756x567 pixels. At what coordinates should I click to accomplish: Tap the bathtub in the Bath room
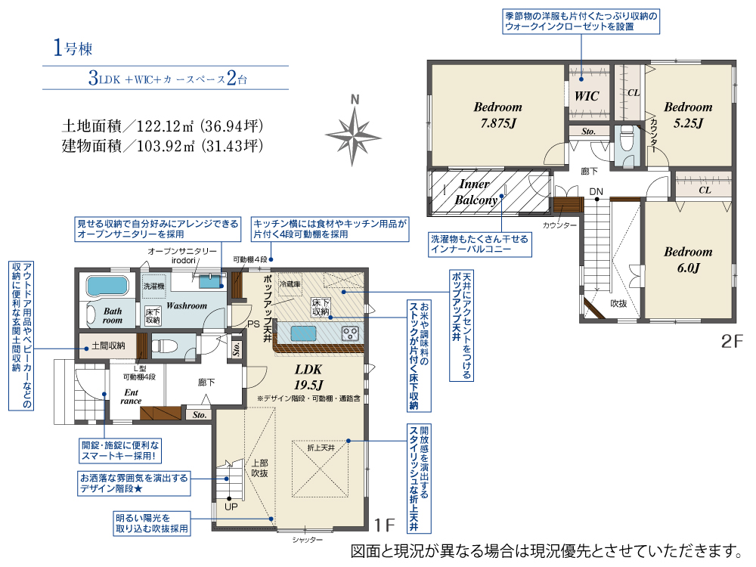pos(107,286)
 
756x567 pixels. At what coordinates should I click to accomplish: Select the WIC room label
pos(587,96)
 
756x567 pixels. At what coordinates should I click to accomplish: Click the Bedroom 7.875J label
pos(497,115)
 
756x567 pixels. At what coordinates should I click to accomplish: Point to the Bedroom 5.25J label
pos(688,115)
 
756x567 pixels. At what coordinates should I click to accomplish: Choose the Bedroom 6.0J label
pos(688,259)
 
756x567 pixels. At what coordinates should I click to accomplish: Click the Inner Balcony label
pos(476,192)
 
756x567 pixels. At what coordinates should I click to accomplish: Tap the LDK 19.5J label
pos(308,377)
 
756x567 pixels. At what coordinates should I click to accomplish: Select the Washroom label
pos(187,305)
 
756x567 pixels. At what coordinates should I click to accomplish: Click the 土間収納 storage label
pos(108,345)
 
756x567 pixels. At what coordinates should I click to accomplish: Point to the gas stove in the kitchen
pos(350,333)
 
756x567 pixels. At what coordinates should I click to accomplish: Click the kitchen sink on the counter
pos(303,333)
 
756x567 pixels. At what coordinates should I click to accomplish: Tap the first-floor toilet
pos(164,345)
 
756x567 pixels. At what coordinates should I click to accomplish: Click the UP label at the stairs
pos(231,507)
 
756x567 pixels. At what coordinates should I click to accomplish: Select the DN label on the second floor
pos(596,191)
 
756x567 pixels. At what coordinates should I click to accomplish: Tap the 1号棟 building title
pos(73,48)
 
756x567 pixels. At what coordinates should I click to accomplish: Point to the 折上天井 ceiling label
pos(321,448)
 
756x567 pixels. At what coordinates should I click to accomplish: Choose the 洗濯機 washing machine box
pos(153,287)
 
